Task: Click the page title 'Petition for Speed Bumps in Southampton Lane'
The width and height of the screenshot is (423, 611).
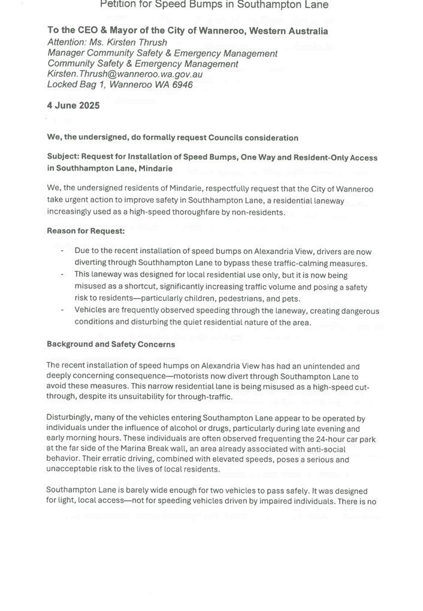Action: (x=214, y=5)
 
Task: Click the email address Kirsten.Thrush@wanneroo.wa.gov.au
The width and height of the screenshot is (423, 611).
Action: (x=125, y=74)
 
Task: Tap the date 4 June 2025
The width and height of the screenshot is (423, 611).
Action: (x=73, y=106)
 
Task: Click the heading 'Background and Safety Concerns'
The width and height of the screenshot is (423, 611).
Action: (x=111, y=344)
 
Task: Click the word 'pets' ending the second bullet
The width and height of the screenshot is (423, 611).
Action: (x=290, y=299)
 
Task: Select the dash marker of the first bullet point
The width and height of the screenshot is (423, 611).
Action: (x=62, y=251)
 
